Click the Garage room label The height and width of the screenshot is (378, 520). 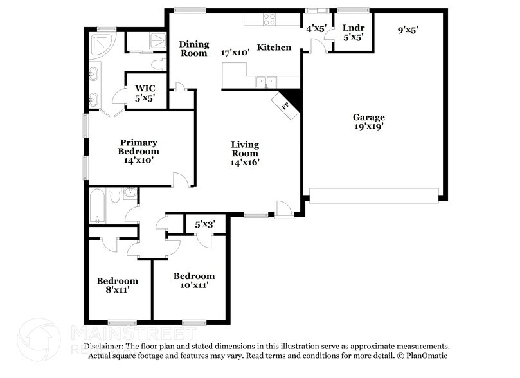[x=368, y=117]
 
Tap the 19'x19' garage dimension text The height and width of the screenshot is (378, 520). [x=368, y=127]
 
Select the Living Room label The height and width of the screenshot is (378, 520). [x=245, y=149]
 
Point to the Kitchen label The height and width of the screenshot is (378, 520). [x=274, y=48]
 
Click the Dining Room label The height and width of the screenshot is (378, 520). [x=193, y=49]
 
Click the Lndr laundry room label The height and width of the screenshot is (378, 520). [x=353, y=28]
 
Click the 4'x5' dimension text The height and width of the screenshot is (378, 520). [x=316, y=29]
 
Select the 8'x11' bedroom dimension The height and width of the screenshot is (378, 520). [x=117, y=290]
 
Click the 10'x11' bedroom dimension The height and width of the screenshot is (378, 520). [x=193, y=285]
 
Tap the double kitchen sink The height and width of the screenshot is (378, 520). [x=265, y=82]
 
